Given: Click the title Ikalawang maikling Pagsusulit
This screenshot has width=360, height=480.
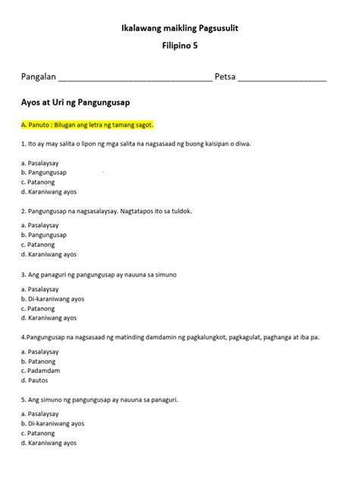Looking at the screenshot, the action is tap(179, 28).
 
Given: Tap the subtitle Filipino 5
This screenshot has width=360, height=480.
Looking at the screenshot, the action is tap(179, 46).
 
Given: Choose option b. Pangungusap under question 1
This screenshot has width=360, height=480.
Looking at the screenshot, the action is tap(44, 172).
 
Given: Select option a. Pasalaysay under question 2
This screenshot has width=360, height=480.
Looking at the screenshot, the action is tap(40, 226).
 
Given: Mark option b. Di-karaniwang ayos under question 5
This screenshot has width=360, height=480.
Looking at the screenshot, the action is tap(52, 423).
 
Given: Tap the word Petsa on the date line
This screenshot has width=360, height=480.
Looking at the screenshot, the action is tap(226, 77).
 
